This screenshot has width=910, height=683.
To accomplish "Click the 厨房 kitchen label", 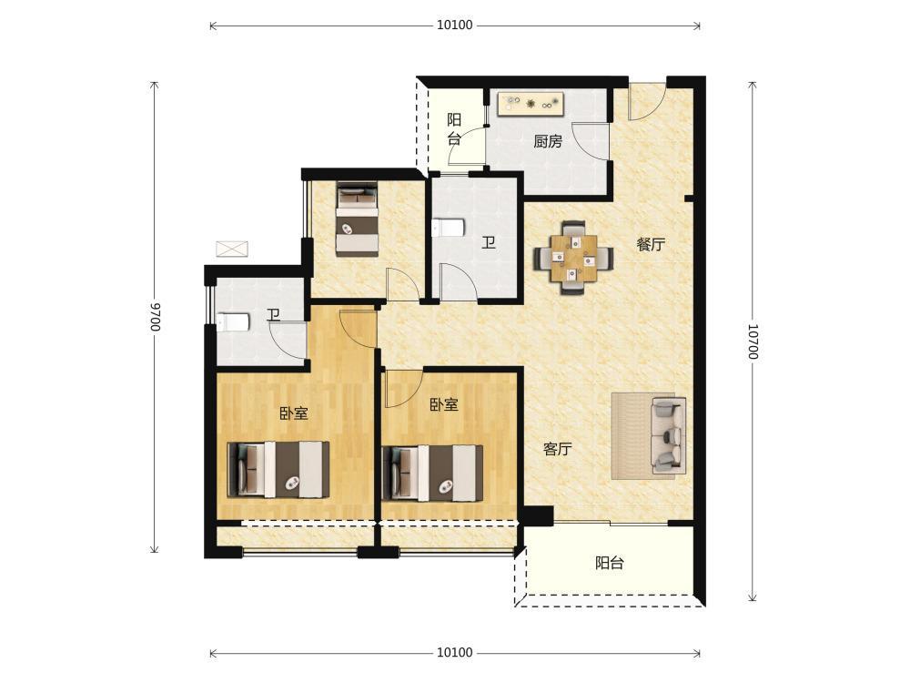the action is pyautogui.click(x=548, y=141).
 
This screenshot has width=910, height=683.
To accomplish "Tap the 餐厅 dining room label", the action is pyautogui.click(x=651, y=244).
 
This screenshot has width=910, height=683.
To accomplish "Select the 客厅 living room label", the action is pyautogui.click(x=558, y=448).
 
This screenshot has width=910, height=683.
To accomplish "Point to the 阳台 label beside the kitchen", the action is pyautogui.click(x=454, y=129).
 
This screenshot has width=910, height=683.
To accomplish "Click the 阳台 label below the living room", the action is pyautogui.click(x=610, y=563).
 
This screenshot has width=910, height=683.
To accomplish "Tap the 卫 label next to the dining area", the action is pyautogui.click(x=489, y=243).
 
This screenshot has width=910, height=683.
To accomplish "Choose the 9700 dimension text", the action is pyautogui.click(x=155, y=317).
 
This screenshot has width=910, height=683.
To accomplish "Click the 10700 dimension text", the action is pyautogui.click(x=753, y=341).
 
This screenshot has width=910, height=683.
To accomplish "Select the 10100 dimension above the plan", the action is pyautogui.click(x=454, y=25).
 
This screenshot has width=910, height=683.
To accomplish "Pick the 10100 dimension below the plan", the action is pyautogui.click(x=454, y=653).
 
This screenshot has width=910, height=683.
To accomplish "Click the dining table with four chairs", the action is pyautogui.click(x=573, y=258).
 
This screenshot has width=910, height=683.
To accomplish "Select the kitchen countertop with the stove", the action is pyautogui.click(x=531, y=105).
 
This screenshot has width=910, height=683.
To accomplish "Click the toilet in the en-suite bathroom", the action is pyautogui.click(x=233, y=322).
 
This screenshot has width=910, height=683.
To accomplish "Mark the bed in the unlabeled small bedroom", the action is pyautogui.click(x=358, y=219).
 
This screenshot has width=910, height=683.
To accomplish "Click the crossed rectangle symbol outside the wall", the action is pyautogui.click(x=232, y=250).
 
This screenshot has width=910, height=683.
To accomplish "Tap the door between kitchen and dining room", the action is pyautogui.click(x=590, y=140).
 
